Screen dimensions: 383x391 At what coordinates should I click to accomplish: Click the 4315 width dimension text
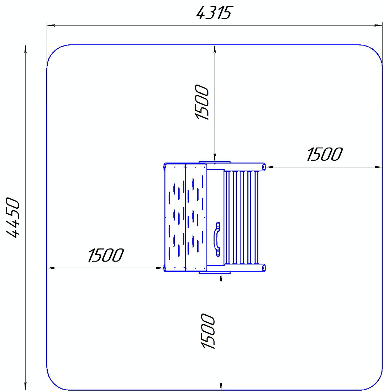pyautogui.click(x=215, y=13)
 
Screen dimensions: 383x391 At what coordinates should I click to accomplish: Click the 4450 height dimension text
pyautogui.click(x=12, y=218)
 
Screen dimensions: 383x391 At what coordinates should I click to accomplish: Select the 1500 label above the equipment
pyautogui.click(x=201, y=102)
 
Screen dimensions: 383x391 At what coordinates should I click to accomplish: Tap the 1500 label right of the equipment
pyautogui.click(x=325, y=154)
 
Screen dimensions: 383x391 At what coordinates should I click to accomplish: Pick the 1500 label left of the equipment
pyautogui.click(x=106, y=255)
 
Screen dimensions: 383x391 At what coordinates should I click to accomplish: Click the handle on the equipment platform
pyautogui.click(x=217, y=239)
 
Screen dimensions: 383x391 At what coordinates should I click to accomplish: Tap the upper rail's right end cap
pyautogui.click(x=264, y=167)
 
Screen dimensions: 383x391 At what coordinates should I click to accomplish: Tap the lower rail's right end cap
pyautogui.click(x=264, y=268)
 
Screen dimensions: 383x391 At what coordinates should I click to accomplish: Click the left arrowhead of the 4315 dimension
pyautogui.click(x=51, y=25)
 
